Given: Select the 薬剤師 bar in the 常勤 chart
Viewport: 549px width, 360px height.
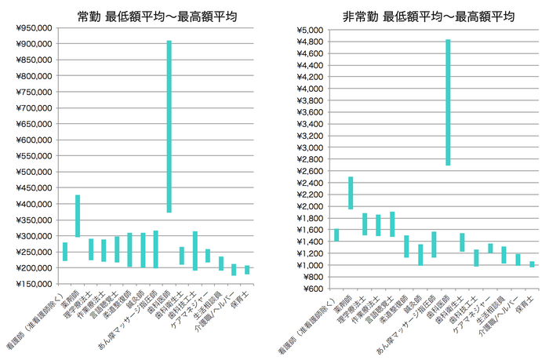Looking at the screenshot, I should [x=78, y=216].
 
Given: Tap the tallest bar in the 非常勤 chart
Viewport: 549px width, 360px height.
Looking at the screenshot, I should [x=448, y=102].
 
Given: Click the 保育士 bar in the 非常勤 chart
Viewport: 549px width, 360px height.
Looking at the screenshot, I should [x=532, y=264].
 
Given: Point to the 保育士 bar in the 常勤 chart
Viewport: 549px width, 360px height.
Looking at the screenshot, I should [x=247, y=270].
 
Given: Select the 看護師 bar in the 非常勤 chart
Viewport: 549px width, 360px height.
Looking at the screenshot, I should [x=336, y=235].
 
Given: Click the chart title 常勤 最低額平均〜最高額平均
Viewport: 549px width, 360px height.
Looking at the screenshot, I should [x=158, y=15].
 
